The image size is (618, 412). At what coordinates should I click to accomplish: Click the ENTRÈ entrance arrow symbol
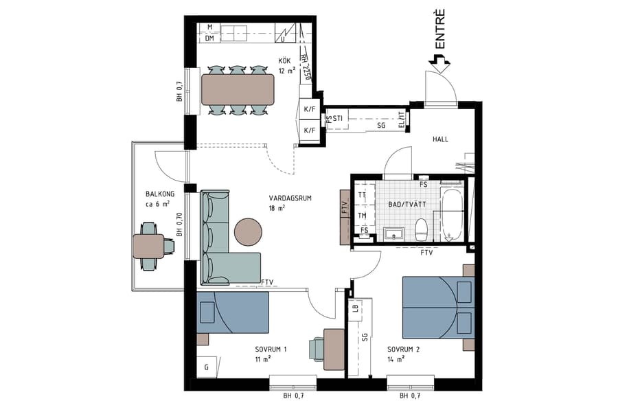(439, 64)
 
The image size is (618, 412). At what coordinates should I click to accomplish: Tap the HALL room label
(440, 139)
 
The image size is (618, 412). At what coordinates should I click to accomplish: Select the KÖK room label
(284, 60)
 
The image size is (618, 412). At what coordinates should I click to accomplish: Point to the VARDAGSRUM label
(290, 198)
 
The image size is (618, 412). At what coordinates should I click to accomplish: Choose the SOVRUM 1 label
(270, 350)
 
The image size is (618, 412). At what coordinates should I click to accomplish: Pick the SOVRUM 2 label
(402, 350)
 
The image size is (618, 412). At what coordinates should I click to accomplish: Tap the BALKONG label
(160, 194)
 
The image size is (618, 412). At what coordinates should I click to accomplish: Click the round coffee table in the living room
(249, 232)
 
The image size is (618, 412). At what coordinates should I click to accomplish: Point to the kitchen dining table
(238, 89)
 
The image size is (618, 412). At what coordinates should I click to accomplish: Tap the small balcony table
(148, 246)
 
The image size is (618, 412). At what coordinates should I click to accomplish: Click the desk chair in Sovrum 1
(316, 348)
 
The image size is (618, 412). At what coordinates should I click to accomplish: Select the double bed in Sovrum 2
(437, 308)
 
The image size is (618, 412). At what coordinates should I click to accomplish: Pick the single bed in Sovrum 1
(232, 312)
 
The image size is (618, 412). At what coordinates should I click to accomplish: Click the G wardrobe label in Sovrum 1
(206, 367)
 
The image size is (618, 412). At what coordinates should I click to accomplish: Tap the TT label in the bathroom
(362, 194)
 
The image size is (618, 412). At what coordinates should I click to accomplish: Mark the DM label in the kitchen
(210, 38)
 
